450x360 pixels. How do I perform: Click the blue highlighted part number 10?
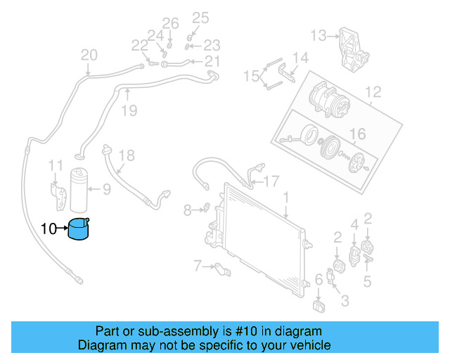pyautogui.click(x=81, y=229)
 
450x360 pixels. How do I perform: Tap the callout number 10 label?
pyautogui.click(x=49, y=229)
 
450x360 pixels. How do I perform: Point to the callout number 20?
pyautogui.click(x=89, y=56)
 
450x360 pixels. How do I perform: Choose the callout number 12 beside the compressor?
pyautogui.click(x=373, y=91)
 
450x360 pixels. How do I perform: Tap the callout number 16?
pyautogui.click(x=358, y=134)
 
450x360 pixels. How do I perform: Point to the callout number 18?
pyautogui.click(x=125, y=155)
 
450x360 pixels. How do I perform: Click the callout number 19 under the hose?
pyautogui.click(x=128, y=110)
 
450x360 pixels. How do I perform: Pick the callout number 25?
pyautogui.click(x=200, y=18)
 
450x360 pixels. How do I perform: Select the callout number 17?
pyautogui.click(x=271, y=181)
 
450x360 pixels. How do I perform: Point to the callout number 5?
pyautogui.click(x=367, y=282)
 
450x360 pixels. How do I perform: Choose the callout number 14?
pyautogui.click(x=300, y=58)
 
